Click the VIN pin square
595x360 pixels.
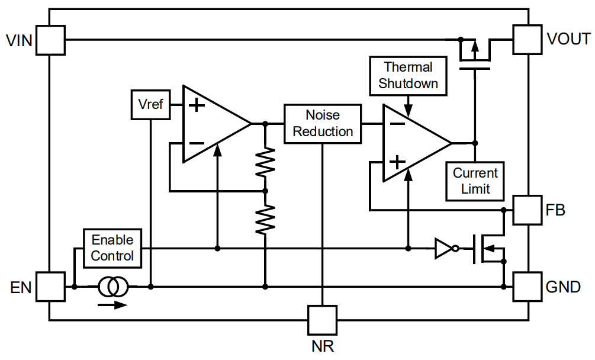(x=50, y=40)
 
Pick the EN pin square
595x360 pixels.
(x=50, y=287)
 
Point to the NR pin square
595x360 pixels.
(x=323, y=320)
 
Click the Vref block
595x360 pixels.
(x=150, y=105)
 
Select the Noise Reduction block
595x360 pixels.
(x=323, y=123)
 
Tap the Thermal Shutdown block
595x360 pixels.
(x=408, y=76)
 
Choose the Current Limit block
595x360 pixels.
(x=475, y=181)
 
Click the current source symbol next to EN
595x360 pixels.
(x=112, y=287)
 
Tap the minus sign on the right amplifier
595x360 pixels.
(x=397, y=124)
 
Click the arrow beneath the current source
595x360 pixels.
(x=112, y=305)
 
